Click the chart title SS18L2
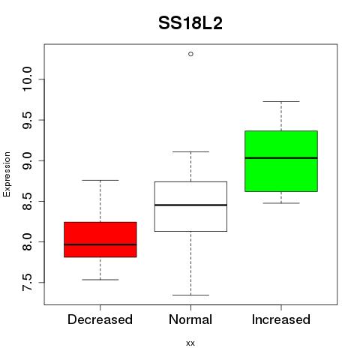(x=190, y=23)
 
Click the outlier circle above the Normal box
(x=190, y=54)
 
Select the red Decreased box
(x=100, y=239)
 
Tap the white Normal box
(x=190, y=206)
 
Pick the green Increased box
(x=281, y=161)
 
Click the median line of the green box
(x=281, y=158)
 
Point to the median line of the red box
(x=100, y=244)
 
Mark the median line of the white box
(x=190, y=205)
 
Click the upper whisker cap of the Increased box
(x=281, y=101)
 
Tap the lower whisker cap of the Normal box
(x=190, y=295)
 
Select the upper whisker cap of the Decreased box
(x=100, y=180)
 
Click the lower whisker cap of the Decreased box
(x=100, y=280)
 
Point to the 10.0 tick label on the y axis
(x=27, y=79)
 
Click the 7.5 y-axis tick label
(x=27, y=283)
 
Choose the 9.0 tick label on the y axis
(x=27, y=160)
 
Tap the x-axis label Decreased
(x=100, y=319)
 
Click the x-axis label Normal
(x=190, y=319)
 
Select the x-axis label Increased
(x=281, y=319)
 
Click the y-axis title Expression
(x=7, y=174)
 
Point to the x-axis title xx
(x=190, y=343)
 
